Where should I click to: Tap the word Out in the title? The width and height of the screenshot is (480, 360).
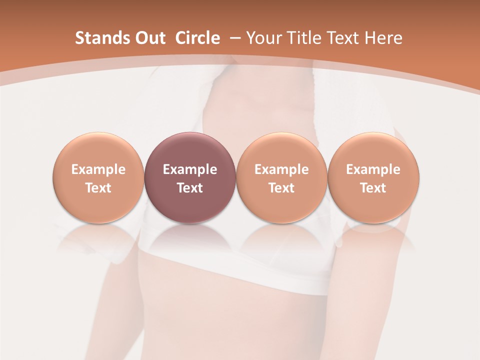149,38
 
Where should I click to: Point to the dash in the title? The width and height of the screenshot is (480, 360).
233,38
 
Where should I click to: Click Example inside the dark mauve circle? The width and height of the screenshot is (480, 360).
190,169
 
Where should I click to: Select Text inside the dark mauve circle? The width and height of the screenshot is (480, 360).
190,188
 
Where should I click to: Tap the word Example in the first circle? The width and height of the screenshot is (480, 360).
98,169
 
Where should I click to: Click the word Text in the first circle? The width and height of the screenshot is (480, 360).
98,188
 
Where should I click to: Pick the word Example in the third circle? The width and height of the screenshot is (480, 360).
281,169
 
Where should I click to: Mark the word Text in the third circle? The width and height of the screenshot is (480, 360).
281,188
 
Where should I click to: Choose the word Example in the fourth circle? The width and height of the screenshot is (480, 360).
373,169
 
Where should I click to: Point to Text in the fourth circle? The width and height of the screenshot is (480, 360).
373,188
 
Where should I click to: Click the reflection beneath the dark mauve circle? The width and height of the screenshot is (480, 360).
190,237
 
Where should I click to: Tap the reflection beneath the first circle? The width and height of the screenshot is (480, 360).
98,237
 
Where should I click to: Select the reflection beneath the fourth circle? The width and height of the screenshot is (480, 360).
373,237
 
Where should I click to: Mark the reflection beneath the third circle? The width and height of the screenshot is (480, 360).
281,237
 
